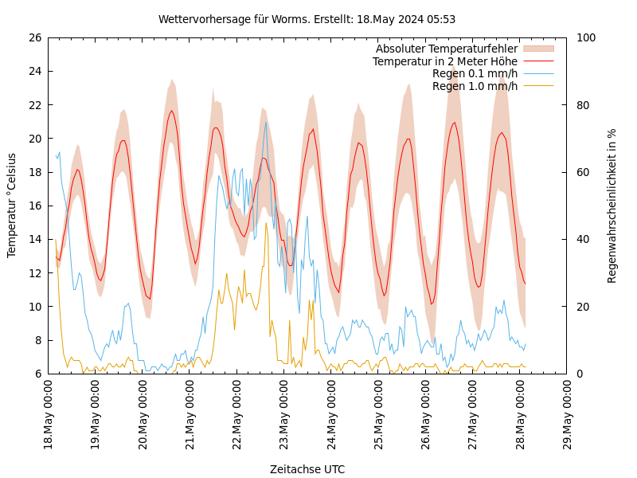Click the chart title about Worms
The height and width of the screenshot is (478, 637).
pyautogui.click(x=307, y=19)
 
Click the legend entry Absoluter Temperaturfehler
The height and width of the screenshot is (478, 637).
pyautogui.click(x=446, y=49)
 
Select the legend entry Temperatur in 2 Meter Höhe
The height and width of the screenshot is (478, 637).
pyautogui.click(x=444, y=61)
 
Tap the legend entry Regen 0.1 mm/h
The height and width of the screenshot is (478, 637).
pyautogui.click(x=475, y=73)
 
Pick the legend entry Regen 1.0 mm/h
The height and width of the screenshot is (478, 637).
pyautogui.click(x=475, y=86)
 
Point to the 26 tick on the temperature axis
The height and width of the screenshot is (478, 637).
pyautogui.click(x=34, y=37)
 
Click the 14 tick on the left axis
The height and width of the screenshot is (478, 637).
pyautogui.click(x=34, y=239)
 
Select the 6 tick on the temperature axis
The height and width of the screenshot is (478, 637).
pyautogui.click(x=37, y=374)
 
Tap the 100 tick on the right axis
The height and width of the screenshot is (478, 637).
pyautogui.click(x=585, y=37)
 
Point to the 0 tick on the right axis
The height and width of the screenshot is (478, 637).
pyautogui.click(x=579, y=374)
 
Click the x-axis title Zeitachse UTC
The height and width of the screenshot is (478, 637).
pyautogui.click(x=307, y=469)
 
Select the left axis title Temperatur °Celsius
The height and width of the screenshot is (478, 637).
pyautogui.click(x=12, y=205)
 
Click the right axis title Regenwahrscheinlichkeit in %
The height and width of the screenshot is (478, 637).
pyautogui.click(x=612, y=205)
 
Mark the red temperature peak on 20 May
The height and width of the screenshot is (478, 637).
pyautogui.click(x=171, y=111)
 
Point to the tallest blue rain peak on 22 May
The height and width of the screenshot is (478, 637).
pyautogui.click(x=266, y=121)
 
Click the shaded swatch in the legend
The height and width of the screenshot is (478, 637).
pyautogui.click(x=538, y=49)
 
